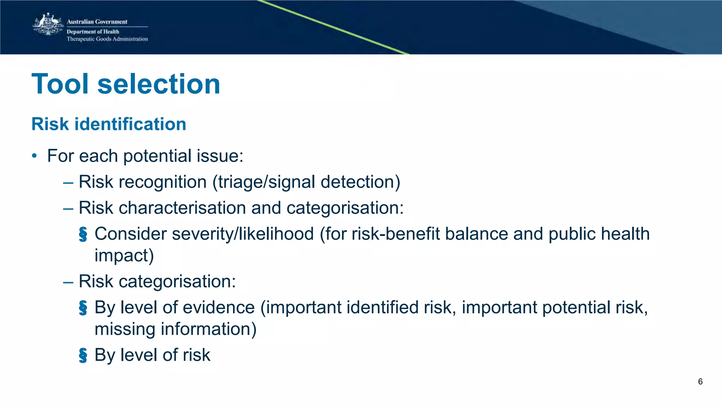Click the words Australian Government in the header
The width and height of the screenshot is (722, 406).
[x=97, y=22]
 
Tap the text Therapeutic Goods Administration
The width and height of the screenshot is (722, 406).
[x=107, y=39]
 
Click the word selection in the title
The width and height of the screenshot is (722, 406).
[x=159, y=84]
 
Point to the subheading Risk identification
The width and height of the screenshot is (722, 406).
[x=109, y=124]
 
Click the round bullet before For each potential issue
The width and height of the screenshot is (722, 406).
[x=34, y=156]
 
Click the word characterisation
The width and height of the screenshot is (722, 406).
[x=182, y=208]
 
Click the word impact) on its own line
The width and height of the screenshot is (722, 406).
[x=124, y=256]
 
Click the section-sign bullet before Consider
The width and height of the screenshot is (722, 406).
[x=83, y=235]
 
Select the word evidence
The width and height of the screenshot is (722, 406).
[x=219, y=308]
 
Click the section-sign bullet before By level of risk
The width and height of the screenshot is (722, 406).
[x=83, y=355]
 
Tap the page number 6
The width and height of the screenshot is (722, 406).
[x=700, y=382]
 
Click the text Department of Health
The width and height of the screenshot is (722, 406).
[x=93, y=32]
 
